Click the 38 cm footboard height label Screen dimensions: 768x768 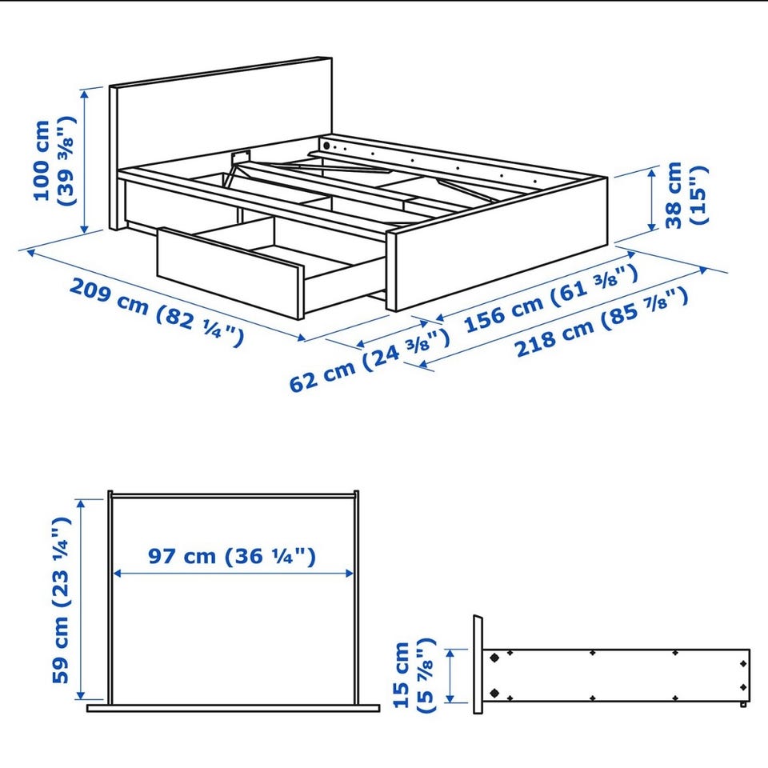coord(686,195)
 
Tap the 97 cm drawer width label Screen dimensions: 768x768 coord(232,556)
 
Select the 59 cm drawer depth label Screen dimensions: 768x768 coord(62,600)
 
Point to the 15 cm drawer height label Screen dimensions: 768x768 coord(414,675)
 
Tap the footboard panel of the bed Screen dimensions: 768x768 coord(497,245)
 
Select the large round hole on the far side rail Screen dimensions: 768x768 coord(326,146)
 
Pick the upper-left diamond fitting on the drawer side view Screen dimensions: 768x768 coord(494,658)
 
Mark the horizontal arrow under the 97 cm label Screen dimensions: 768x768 coord(233,573)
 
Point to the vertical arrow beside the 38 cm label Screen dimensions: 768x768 coord(652,198)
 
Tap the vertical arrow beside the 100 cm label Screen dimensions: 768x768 coord(85,161)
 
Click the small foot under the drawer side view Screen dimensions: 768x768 coord(743,704)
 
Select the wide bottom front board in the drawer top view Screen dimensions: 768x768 coord(233,708)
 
